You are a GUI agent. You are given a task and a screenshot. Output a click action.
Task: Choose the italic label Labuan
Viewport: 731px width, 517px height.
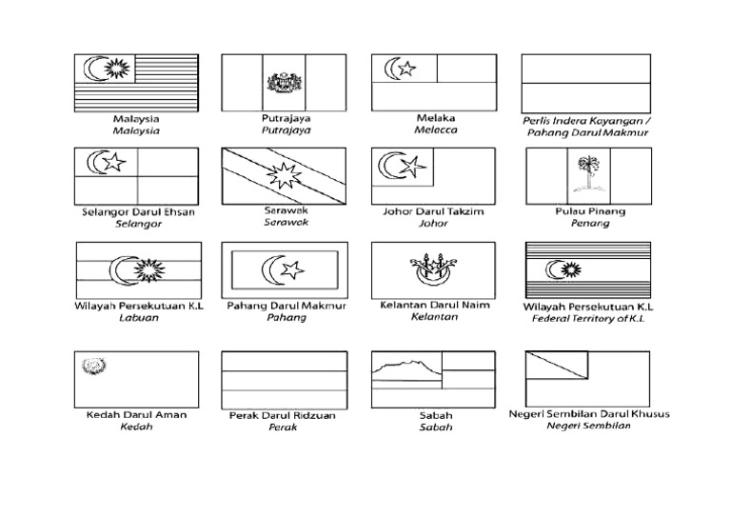coord(138,318)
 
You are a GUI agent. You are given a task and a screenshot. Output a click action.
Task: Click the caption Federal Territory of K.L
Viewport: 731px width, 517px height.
coord(588,320)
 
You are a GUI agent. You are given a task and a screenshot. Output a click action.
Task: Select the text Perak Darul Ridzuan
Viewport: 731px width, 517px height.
coord(283,415)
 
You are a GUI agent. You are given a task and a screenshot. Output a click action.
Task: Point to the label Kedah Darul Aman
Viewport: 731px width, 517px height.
coord(136,414)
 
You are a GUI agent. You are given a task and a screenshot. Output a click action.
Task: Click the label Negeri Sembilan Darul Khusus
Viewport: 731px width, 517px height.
coord(589,414)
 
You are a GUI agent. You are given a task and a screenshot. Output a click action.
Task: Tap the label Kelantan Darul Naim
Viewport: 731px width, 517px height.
coord(433,305)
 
